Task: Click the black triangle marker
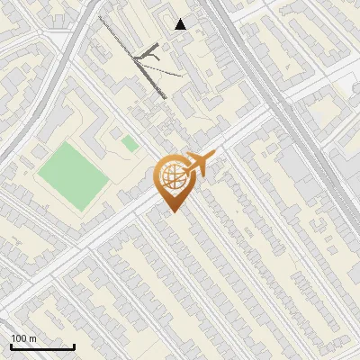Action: point(181,24)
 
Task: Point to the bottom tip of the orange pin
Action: point(171,211)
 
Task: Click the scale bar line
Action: point(42,346)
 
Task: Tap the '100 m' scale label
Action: point(23,338)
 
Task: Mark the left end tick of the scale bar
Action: point(12,345)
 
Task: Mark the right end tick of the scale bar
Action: point(73,345)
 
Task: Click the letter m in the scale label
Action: point(32,338)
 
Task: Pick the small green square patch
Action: point(130,143)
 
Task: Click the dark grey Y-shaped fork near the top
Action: point(148,57)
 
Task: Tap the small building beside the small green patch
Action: point(116,136)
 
